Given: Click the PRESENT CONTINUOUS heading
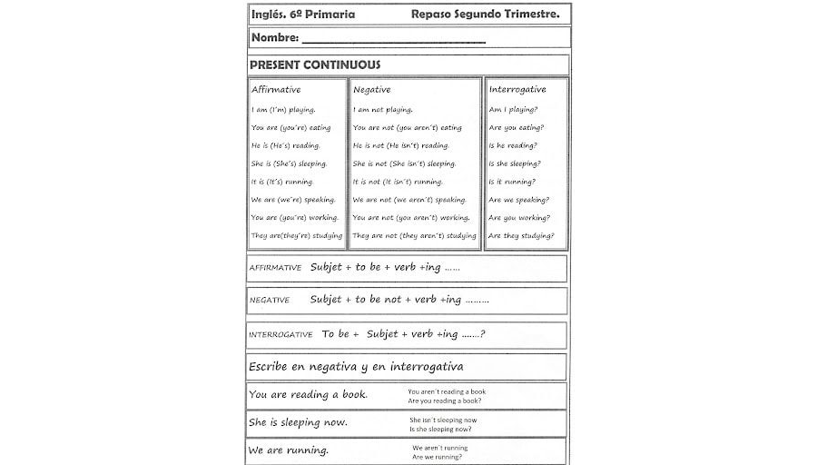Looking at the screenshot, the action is (x=315, y=65).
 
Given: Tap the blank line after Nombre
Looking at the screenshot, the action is (x=393, y=41).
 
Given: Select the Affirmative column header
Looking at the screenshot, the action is (x=276, y=90).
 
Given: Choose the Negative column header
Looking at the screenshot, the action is (x=372, y=90).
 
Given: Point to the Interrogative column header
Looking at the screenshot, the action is (x=517, y=90).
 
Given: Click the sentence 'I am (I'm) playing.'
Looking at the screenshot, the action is (x=283, y=110).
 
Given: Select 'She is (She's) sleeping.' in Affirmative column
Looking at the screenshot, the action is (x=289, y=163).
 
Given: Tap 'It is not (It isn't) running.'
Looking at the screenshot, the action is (x=398, y=182).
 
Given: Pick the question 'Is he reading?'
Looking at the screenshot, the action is (x=513, y=145).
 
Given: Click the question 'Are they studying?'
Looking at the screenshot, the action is (x=521, y=236).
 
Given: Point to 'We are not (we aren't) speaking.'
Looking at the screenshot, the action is (x=409, y=200).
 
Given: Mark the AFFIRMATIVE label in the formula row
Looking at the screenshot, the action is (x=275, y=269).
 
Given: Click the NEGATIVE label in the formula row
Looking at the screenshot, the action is (x=270, y=301).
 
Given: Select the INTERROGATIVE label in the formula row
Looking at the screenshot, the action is (x=281, y=335).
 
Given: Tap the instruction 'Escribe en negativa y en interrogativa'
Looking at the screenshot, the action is (x=356, y=367).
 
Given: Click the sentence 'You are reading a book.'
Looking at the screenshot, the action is (x=308, y=395).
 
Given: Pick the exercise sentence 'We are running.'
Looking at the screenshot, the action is (x=289, y=450).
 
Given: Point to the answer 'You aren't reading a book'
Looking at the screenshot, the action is (x=447, y=391).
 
